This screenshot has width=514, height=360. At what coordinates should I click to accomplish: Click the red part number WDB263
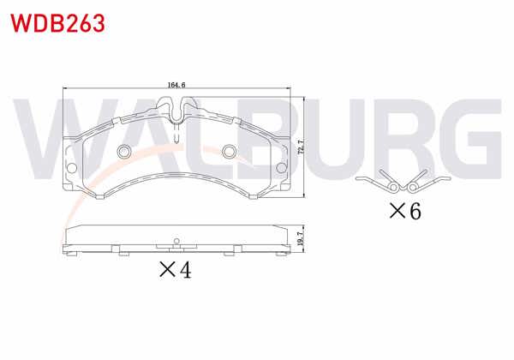[x=58, y=22]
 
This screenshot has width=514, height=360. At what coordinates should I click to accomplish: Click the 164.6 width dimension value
[x=177, y=84]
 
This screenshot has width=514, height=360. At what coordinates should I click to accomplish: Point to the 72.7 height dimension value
[x=301, y=147]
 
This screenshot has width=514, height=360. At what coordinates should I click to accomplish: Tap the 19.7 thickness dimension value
[x=301, y=239]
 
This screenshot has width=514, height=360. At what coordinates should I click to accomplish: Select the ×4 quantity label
[x=173, y=270]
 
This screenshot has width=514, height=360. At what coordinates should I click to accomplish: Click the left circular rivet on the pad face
[x=123, y=153]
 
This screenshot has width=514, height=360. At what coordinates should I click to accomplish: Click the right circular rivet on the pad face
[x=230, y=153]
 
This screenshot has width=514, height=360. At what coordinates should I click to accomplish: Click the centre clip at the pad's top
[x=176, y=110]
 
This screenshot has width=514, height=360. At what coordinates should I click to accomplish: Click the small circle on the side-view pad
[x=176, y=241]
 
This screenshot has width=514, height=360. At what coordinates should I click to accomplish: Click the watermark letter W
[x=51, y=137]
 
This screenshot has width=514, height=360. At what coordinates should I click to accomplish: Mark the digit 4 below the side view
[x=183, y=270]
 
